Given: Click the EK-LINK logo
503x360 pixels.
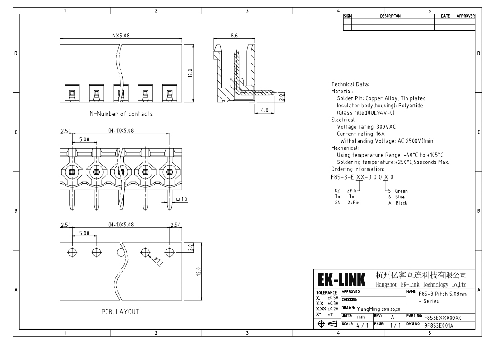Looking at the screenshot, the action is point(341,279).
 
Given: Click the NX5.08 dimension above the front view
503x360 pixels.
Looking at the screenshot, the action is point(121,36).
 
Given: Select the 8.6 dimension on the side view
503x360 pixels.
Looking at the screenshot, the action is point(234,36).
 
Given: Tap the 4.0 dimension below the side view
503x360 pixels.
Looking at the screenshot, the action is point(264,110).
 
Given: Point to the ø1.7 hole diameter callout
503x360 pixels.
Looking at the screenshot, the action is point(159,261).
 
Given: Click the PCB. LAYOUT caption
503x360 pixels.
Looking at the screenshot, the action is point(120,312).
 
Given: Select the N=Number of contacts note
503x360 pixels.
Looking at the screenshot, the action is point(121,114).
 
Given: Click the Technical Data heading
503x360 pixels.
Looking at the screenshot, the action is point(350,84).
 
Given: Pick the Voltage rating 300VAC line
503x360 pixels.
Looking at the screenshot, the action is point(366,127).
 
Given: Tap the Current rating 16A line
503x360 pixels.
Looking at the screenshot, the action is point(360,134).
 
